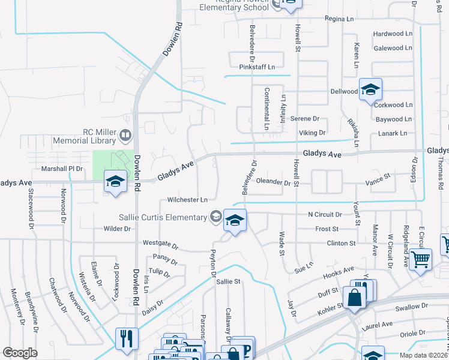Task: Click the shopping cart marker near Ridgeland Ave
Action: point(421,260)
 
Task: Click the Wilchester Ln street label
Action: point(187,200)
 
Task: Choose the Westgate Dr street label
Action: point(160,244)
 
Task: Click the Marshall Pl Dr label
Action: point(62,169)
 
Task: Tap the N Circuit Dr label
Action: point(325,214)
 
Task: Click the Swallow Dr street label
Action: point(411,308)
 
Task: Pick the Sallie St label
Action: point(228,281)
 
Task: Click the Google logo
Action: point(20,353)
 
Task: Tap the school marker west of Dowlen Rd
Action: point(114,181)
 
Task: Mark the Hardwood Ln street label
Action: point(393,34)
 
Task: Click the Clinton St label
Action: point(341,244)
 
